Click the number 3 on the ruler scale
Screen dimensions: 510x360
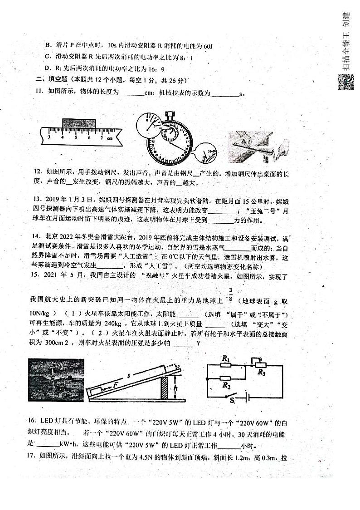[x=49, y=137]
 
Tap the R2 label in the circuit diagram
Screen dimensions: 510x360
[x=225, y=385]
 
